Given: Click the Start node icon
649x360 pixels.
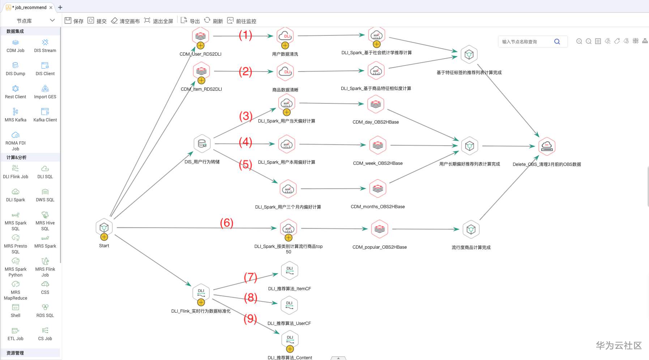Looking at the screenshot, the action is coord(104,227).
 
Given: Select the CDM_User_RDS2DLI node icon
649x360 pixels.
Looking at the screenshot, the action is coord(201,36).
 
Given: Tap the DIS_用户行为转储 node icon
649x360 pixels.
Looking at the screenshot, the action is coord(202,143).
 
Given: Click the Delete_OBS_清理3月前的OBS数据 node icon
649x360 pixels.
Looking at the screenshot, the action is coord(547,146).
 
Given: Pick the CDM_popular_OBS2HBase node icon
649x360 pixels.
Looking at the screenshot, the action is coord(379,229).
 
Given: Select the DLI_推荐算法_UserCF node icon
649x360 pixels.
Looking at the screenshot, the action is coord(289,305).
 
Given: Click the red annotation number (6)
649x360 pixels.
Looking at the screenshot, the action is coord(227,223).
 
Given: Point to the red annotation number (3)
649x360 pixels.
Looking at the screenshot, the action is coord(246,116).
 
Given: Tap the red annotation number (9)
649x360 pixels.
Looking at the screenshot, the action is coord(250,318).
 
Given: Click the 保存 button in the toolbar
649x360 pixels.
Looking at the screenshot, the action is coord(74,21).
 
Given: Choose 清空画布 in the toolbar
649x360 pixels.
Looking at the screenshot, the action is coord(125,21).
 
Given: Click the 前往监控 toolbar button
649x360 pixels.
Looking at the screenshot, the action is coord(242,21).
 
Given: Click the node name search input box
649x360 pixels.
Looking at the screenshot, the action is coord(527,42).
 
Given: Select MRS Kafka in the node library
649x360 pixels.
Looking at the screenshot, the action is coord(16,115).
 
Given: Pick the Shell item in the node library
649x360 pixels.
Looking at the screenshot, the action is coord(16,310).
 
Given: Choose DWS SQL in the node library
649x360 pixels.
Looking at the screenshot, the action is coord(45,195).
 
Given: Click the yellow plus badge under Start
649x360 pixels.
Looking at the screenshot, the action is coord(104,237).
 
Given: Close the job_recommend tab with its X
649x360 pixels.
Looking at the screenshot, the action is coord(51,7).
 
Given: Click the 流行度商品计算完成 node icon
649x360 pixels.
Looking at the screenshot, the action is coord(471,229).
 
